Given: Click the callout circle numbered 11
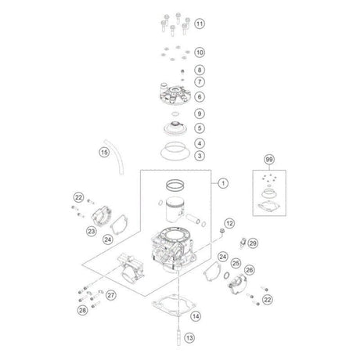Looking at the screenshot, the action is point(200,23).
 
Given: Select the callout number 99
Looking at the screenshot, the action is point(269,160).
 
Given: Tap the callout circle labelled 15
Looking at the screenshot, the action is point(104,152).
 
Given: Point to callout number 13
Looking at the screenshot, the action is point(189,338).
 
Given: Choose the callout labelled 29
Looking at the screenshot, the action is point(253,243).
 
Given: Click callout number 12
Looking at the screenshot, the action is point(229,223).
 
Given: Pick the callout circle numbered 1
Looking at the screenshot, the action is point(223,183).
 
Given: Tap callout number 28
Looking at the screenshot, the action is point(82,310).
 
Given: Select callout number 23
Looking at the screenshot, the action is point(92,231).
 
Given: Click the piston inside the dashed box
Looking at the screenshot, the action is point(175,209).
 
